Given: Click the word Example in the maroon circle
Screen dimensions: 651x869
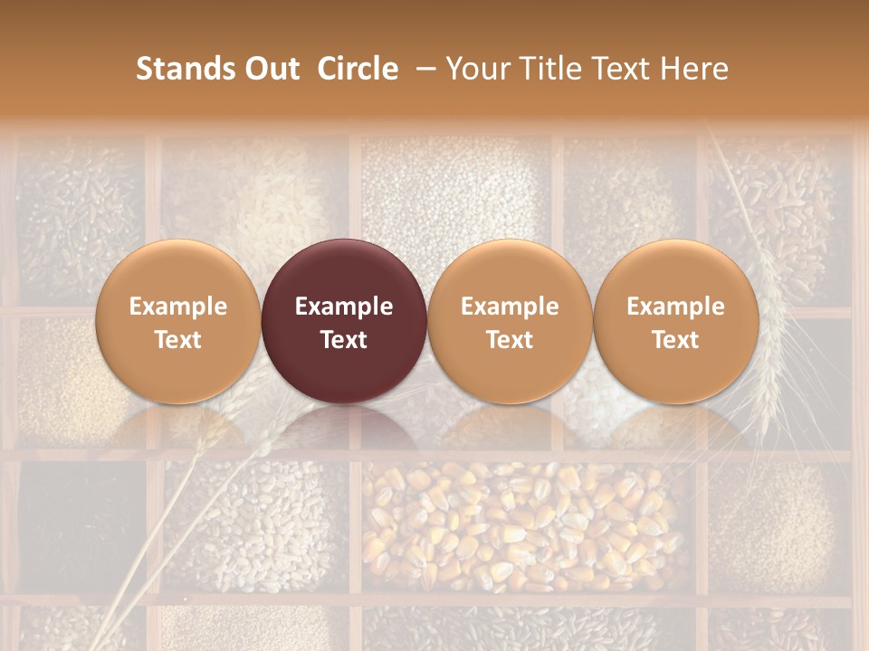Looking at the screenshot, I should tap(344, 307).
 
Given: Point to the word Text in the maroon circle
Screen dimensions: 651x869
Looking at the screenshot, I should tap(344, 340).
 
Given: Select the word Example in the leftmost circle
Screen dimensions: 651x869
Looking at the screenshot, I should tap(178, 307).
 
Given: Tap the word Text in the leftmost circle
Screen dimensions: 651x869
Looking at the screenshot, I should tap(178, 340).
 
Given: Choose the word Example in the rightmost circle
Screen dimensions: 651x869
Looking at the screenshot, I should tap(675, 307).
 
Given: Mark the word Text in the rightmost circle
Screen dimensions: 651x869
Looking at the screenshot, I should tap(675, 340).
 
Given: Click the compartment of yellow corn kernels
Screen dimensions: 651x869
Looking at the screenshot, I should tap(525, 524).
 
